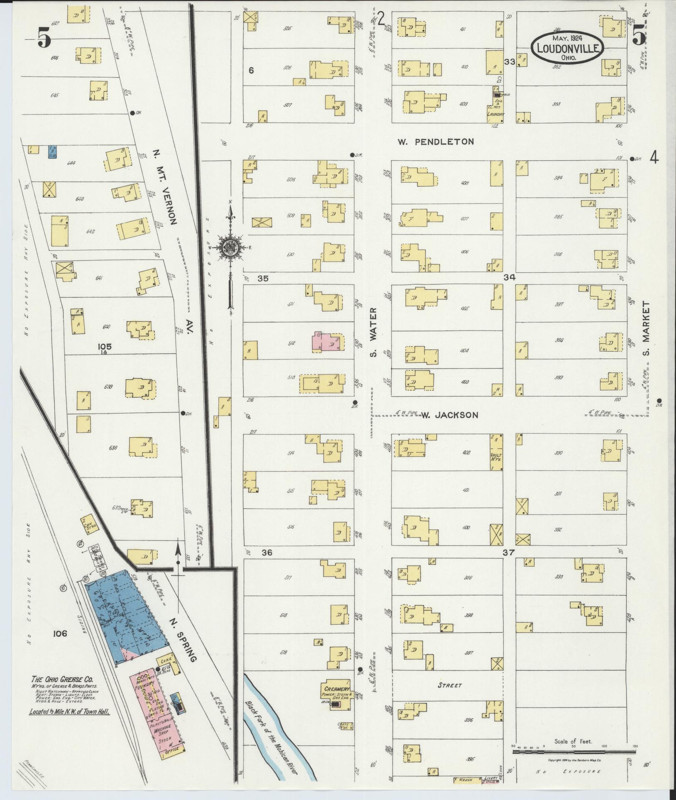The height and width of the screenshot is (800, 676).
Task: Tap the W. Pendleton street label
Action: coord(435,142)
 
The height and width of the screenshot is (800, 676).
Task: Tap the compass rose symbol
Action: coord(229,247)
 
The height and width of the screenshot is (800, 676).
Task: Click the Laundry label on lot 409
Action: coord(496,114)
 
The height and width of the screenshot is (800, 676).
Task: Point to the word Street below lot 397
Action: coord(450,685)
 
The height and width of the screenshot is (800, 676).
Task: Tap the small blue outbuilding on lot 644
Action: coord(52,152)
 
